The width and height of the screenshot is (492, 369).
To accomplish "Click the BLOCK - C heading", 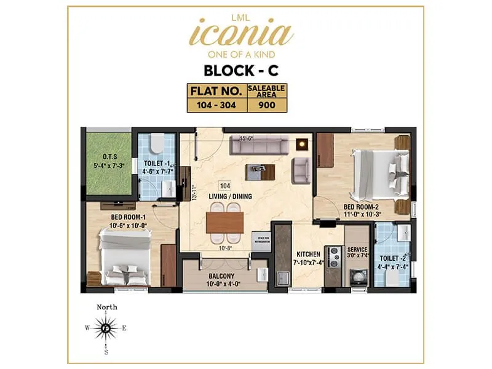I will [245, 69].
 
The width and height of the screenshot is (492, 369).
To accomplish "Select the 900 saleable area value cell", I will [266, 105].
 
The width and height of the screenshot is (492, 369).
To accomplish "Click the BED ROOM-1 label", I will [129, 218].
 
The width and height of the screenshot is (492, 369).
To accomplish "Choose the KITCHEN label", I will [308, 253].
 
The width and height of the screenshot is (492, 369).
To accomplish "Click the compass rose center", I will [106, 328].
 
